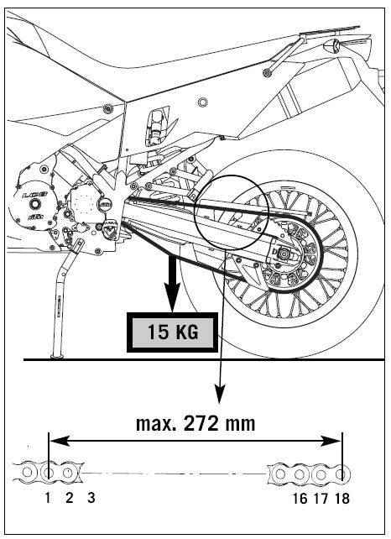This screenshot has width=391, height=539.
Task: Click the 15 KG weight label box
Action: pyautogui.click(x=172, y=332)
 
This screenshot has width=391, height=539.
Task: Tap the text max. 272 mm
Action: pyautogui.click(x=195, y=423)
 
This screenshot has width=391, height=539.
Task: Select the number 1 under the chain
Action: pyautogui.click(x=48, y=497)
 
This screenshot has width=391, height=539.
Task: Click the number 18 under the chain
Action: pyautogui.click(x=341, y=499)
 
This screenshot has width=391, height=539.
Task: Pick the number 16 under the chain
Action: pyautogui.click(x=300, y=499)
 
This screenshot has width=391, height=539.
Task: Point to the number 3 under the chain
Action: pyautogui.click(x=91, y=497)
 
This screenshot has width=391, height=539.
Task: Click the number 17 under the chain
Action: pyautogui.click(x=321, y=499)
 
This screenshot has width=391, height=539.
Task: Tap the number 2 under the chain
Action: pyautogui.click(x=70, y=497)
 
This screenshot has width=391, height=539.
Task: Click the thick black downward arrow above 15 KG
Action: pyautogui.click(x=172, y=284)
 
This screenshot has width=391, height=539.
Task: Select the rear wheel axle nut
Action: pyautogui.click(x=284, y=254)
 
